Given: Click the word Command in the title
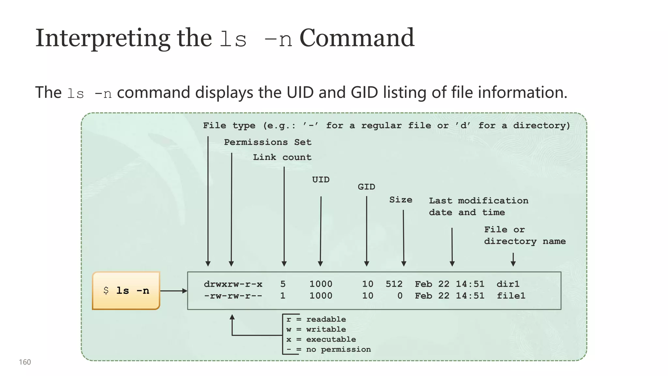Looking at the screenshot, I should coord(357,38).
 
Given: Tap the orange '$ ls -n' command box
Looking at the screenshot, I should coord(126,290).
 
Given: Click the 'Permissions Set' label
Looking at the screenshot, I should coord(267,142).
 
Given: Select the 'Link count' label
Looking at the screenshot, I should coord(282,157).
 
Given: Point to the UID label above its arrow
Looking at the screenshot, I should coord(321,180).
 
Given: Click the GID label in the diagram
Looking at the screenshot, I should coord(366,187).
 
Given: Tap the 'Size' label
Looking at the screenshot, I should coord(401,200).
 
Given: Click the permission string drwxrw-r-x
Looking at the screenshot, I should coord(233,284).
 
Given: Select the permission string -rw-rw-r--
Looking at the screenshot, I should coord(233,296).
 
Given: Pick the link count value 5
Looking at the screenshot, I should coord(283,284).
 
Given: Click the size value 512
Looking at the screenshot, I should coord(394,284).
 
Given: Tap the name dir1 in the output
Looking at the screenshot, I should coord(508,284).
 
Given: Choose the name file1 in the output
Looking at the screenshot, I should coord(511,296).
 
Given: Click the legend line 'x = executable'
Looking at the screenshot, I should coord(321,339).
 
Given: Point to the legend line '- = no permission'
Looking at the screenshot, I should coord(328,350).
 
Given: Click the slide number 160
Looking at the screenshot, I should coord(25,362).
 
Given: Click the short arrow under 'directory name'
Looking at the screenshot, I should coord(513,259).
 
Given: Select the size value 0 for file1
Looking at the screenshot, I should coord(400,296).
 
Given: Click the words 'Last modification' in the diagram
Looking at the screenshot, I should coord(478,201).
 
